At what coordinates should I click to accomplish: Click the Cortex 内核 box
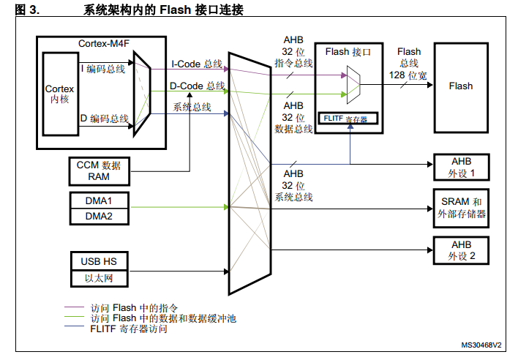59,93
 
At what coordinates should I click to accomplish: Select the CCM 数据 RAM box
98,170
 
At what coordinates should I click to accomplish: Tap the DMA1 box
98,200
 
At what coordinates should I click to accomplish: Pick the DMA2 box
98,216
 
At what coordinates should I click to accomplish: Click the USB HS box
98,261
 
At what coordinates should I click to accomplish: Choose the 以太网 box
98,278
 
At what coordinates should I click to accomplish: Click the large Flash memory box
460,86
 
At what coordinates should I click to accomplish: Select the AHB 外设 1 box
462,168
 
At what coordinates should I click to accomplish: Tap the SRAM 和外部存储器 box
462,208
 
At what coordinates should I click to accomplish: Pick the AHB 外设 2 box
462,250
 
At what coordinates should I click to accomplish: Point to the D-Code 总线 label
197,86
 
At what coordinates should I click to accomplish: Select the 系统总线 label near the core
192,107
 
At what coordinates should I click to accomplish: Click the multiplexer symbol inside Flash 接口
353,83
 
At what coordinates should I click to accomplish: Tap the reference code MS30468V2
481,344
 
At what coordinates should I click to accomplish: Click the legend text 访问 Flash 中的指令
134,308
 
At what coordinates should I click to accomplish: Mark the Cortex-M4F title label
102,43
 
